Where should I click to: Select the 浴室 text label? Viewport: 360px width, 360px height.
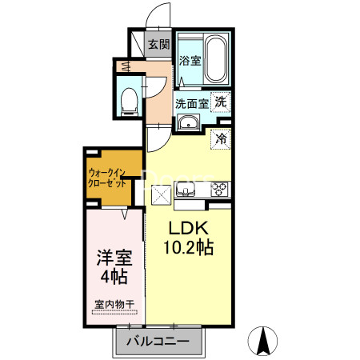(189, 61)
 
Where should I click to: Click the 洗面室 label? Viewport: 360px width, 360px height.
(192, 102)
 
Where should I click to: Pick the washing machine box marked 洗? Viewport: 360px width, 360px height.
(221, 102)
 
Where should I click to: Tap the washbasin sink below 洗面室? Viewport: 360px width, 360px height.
(189, 122)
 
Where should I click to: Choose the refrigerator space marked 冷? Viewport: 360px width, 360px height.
(221, 138)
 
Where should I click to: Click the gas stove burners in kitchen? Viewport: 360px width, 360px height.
(220, 190)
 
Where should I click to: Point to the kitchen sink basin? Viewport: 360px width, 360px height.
(186, 190)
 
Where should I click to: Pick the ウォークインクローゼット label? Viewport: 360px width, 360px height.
(106, 176)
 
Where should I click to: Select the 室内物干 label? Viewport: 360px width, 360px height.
(114, 303)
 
